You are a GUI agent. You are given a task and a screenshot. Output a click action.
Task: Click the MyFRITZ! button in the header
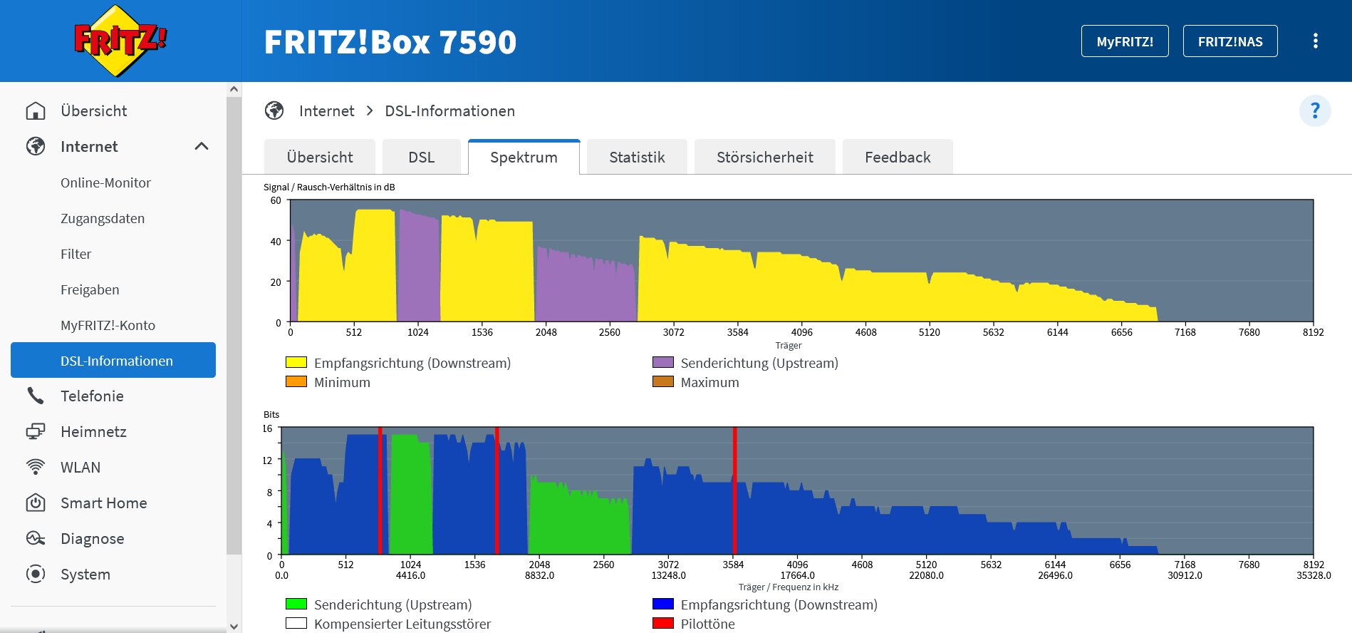click(1124, 41)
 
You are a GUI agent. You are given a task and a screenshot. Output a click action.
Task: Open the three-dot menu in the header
click(1315, 41)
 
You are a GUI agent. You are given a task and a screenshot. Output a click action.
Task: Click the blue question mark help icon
click(1315, 111)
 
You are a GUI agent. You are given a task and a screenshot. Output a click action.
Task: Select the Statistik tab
click(637, 157)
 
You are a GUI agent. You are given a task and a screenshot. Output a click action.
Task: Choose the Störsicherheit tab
click(764, 157)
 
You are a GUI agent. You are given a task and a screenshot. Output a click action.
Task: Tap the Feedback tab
click(897, 157)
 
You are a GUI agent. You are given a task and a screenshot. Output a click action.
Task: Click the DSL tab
click(421, 157)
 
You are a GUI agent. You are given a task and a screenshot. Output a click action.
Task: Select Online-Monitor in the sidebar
click(105, 182)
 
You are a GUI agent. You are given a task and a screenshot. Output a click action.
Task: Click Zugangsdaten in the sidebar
click(103, 218)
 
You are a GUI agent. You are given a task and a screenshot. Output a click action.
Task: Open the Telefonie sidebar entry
click(92, 396)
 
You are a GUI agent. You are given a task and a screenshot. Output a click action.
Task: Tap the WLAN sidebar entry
click(80, 467)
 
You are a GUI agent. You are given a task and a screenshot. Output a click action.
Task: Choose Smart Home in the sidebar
click(103, 503)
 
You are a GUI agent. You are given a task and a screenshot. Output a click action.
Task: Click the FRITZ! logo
click(120, 41)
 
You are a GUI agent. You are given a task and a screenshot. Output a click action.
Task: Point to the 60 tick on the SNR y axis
click(276, 200)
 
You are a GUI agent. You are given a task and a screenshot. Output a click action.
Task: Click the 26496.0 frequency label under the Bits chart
click(1055, 575)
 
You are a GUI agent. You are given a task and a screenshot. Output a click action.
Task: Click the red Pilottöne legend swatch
click(662, 623)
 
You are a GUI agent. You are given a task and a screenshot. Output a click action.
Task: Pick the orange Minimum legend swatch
click(296, 381)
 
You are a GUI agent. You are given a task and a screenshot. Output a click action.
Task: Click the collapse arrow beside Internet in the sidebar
click(202, 146)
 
